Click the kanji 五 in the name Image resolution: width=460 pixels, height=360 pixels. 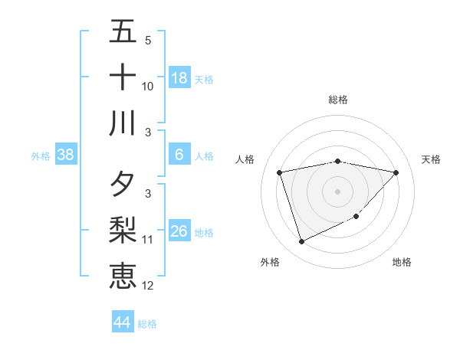tap(123, 31)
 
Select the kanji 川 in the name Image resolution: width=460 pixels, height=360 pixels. tap(123, 123)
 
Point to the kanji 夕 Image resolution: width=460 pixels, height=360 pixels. tap(123, 185)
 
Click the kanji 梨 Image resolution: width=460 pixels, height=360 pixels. tap(123, 231)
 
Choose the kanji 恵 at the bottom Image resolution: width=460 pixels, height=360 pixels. tap(123, 277)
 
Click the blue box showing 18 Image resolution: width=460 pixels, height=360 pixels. tap(179, 78)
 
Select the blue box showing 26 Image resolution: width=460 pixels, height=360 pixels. tap(179, 231)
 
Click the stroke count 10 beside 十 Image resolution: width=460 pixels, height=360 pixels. tap(148, 87)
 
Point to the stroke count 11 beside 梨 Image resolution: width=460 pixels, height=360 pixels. tap(148, 240)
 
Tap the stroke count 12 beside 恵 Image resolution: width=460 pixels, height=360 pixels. tap(148, 286)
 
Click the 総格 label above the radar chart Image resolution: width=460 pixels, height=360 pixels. tap(338, 100)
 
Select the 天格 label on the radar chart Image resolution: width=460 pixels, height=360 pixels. tap(432, 159)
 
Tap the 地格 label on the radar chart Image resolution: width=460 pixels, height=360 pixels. tap(402, 262)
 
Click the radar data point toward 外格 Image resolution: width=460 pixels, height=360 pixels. tap(301, 242)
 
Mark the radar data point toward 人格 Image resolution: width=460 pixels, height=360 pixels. tap(280, 173)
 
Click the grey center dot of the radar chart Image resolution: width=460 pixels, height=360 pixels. tap(338, 191)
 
